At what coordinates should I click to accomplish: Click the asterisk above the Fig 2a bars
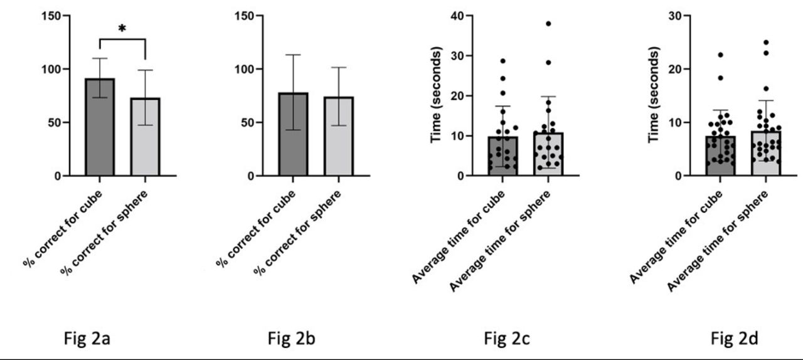point(122,29)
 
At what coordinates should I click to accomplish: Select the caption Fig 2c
point(506,339)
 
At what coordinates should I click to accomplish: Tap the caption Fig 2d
point(733,339)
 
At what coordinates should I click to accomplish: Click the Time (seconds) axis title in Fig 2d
point(654,95)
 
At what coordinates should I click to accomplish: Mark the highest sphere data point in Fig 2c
point(548,24)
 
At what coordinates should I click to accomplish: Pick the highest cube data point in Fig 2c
point(503,61)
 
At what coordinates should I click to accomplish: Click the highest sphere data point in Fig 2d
point(766,43)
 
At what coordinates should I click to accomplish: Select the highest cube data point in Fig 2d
point(720,55)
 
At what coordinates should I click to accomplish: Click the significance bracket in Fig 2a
point(122,40)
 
